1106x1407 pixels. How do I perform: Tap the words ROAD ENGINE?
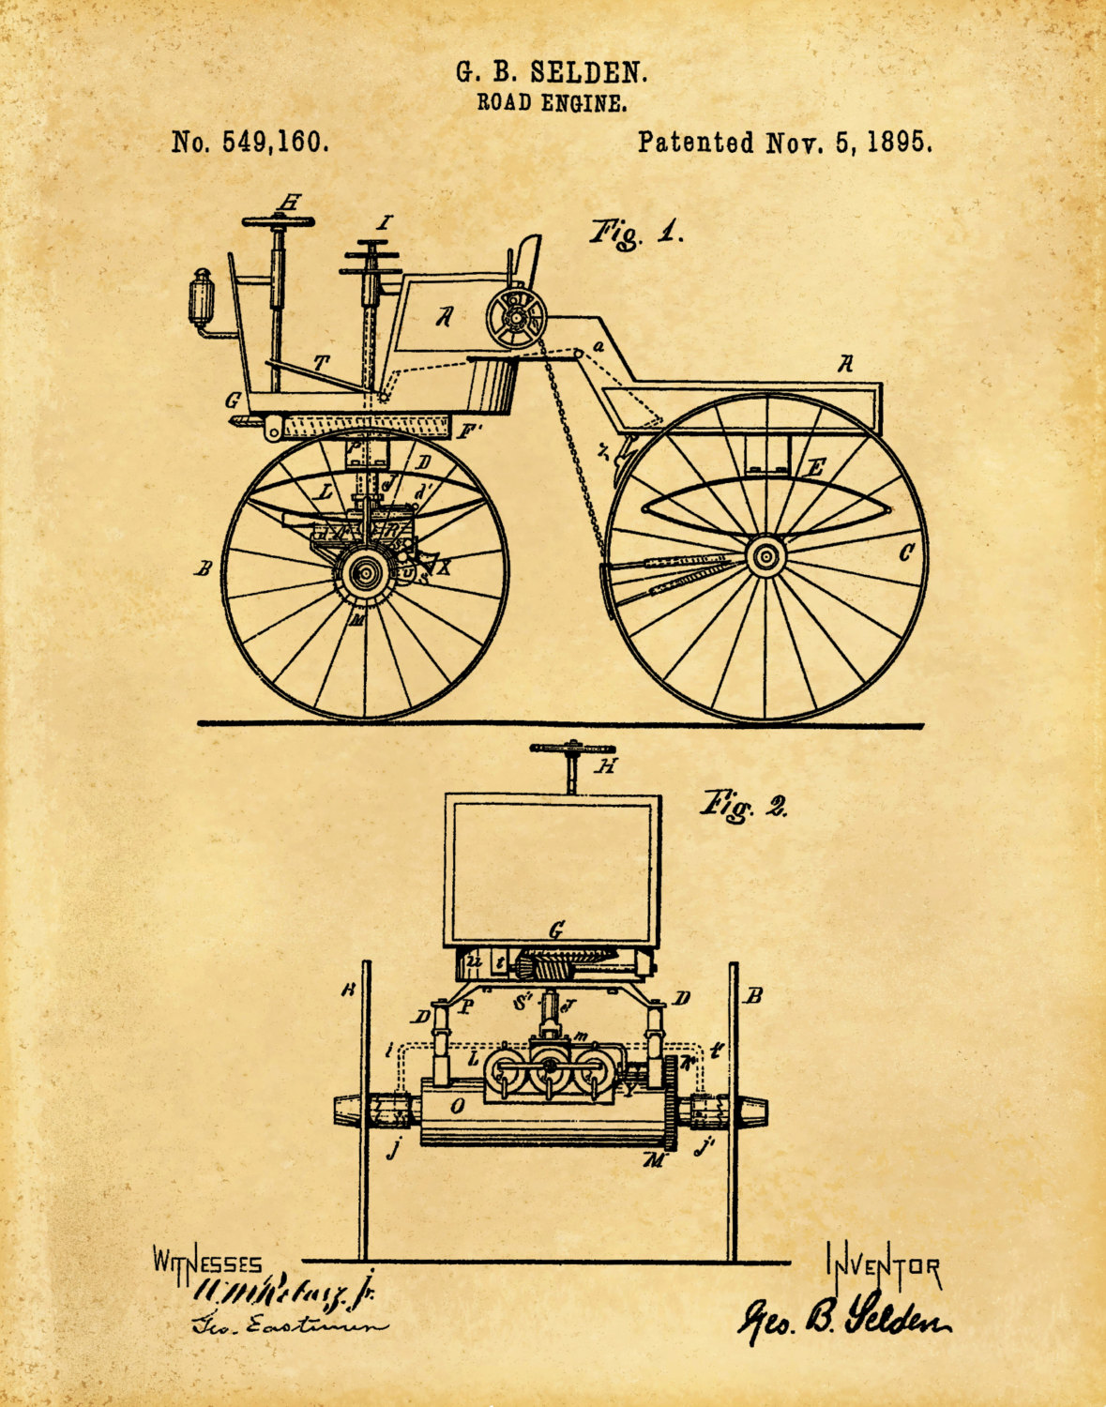(552, 103)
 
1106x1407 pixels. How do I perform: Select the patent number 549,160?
(275, 142)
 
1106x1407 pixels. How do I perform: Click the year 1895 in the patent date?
(899, 142)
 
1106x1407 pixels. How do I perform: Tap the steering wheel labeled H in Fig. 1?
(278, 220)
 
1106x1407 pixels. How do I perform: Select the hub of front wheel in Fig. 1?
(364, 574)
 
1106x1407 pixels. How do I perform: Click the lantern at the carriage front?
(202, 298)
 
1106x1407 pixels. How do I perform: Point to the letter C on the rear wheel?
(905, 553)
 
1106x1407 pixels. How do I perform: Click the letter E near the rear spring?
(816, 467)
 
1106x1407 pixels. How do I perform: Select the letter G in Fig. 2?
(556, 930)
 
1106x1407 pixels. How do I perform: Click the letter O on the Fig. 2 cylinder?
(458, 1106)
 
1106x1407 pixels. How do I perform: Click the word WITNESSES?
(208, 1263)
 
